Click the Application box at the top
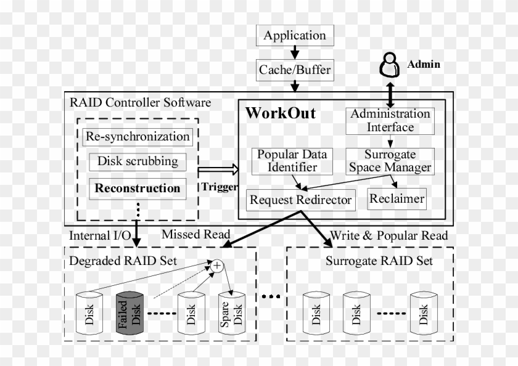295,36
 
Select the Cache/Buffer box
295,70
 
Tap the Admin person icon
388,64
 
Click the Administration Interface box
390,121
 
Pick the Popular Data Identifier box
292,161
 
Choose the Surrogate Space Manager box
390,161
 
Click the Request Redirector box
300,200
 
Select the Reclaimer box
397,199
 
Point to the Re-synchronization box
137,136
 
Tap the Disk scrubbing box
138,162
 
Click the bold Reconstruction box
138,189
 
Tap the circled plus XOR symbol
217,266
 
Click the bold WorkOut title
281,113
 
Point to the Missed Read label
195,234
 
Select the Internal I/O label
99,235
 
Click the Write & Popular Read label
389,235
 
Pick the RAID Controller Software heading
140,102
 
